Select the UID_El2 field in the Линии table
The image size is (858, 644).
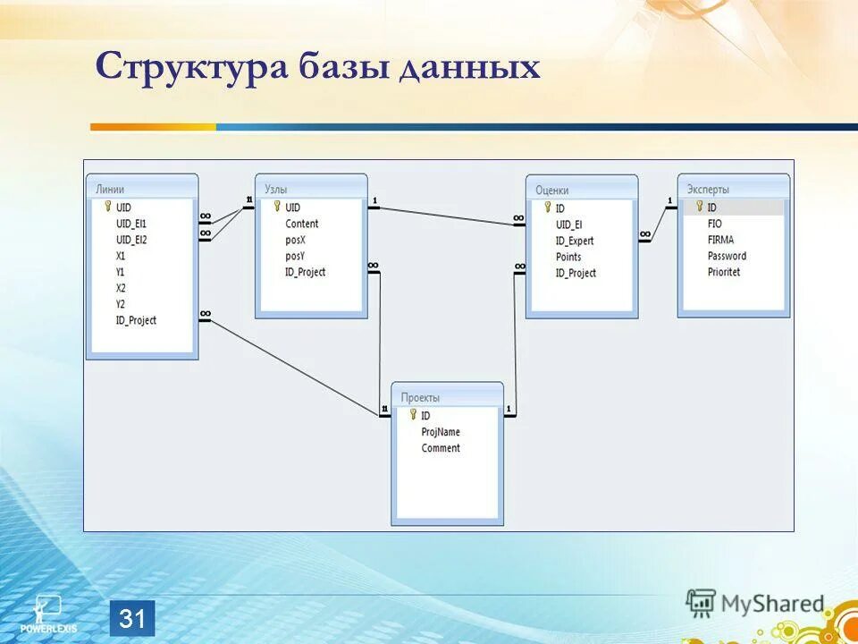131,240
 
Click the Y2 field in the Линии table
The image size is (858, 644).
121,304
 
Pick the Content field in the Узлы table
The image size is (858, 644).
301,224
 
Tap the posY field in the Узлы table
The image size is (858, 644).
295,256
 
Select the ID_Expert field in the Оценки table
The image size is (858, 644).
574,241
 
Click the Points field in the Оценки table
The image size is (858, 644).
568,257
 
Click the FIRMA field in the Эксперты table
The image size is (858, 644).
720,240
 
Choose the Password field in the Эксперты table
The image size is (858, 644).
727,256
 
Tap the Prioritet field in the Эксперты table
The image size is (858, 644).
724,272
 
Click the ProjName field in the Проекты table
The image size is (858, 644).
441,432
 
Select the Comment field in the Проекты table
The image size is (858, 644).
441,448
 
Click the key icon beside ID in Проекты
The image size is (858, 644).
413,415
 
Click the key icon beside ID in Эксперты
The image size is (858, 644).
699,207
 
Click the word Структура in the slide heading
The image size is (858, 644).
191,68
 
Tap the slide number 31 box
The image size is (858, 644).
132,619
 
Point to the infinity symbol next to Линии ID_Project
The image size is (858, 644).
206,313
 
